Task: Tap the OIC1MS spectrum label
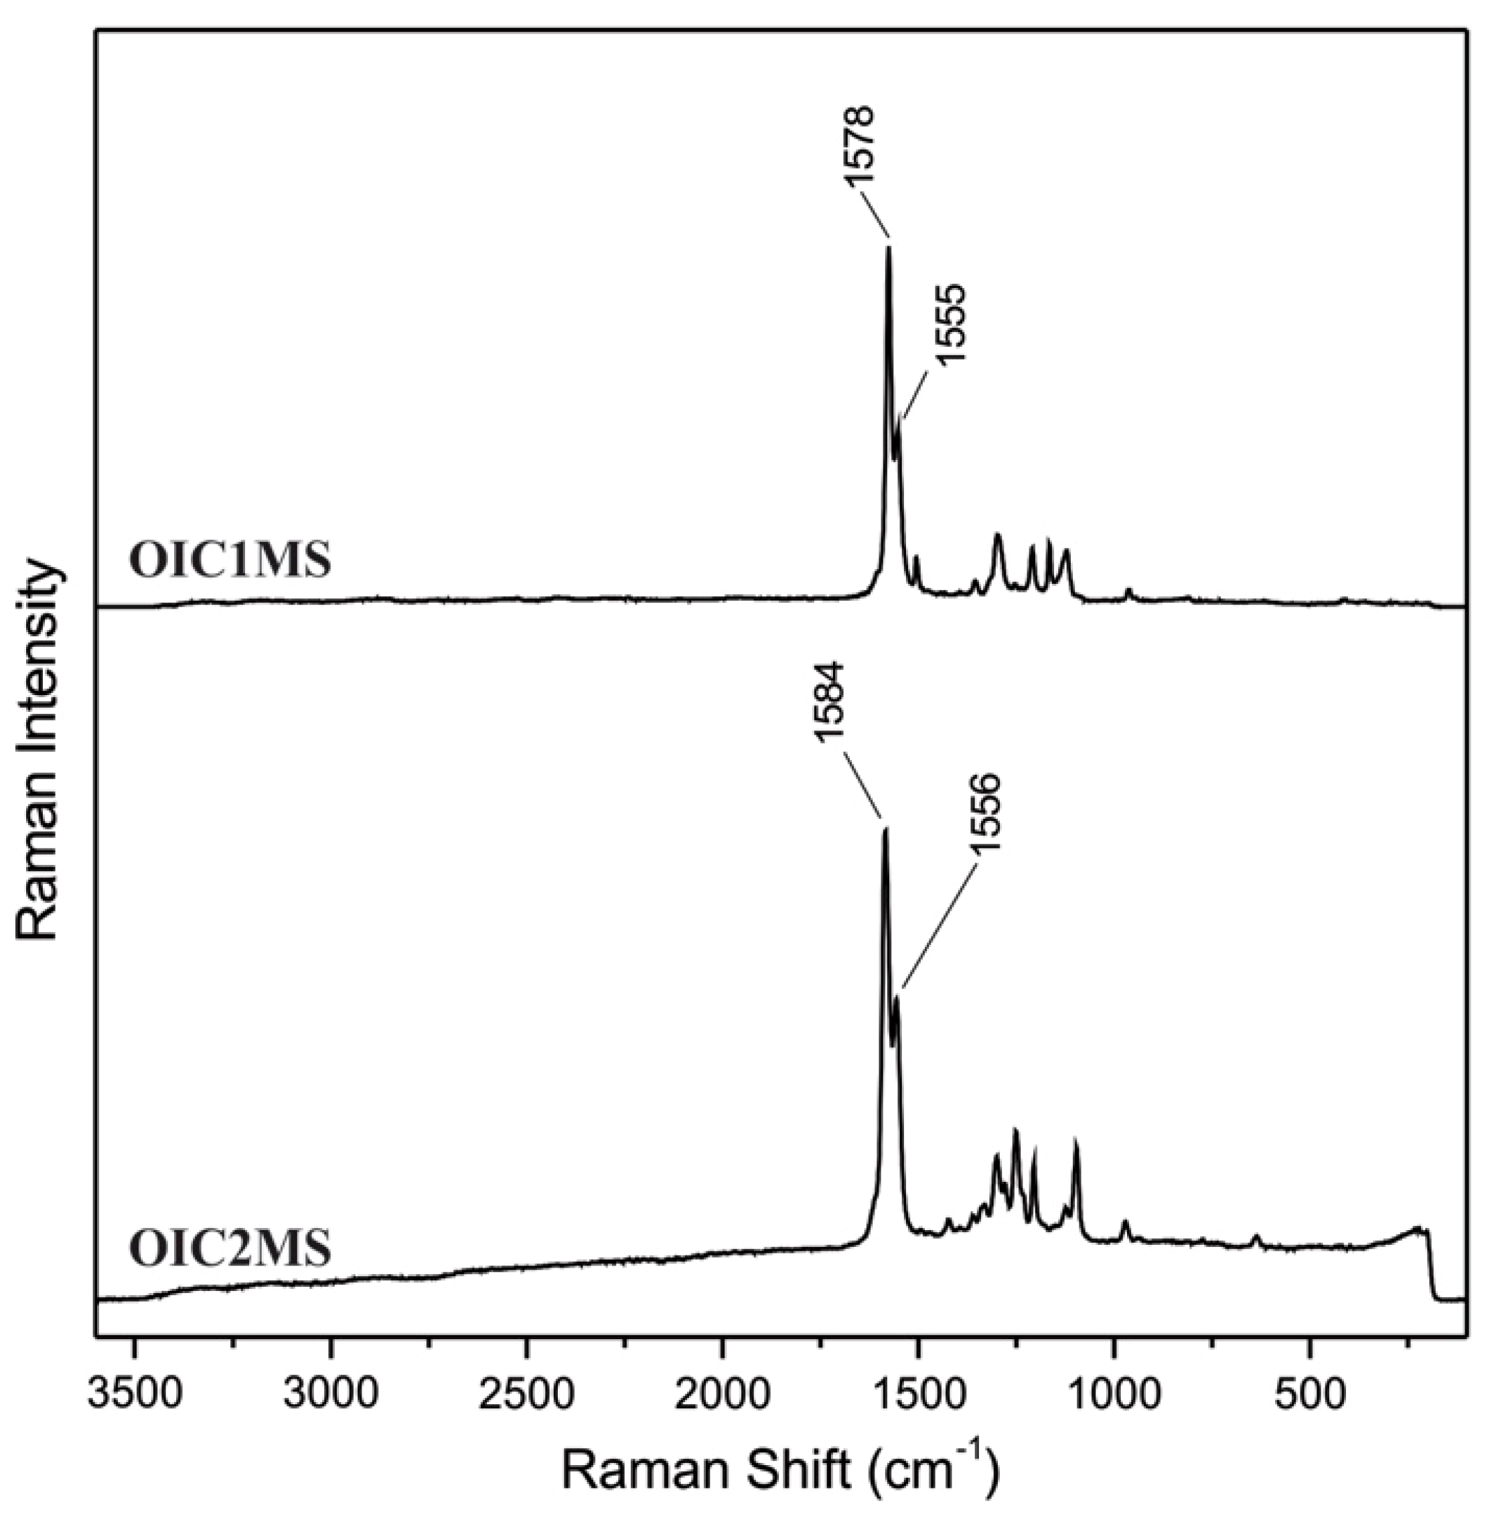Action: pyautogui.click(x=230, y=562)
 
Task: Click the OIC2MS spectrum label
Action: pyautogui.click(x=230, y=1249)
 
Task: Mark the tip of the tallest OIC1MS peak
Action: pyautogui.click(x=889, y=248)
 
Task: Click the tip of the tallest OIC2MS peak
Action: pyautogui.click(x=886, y=830)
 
